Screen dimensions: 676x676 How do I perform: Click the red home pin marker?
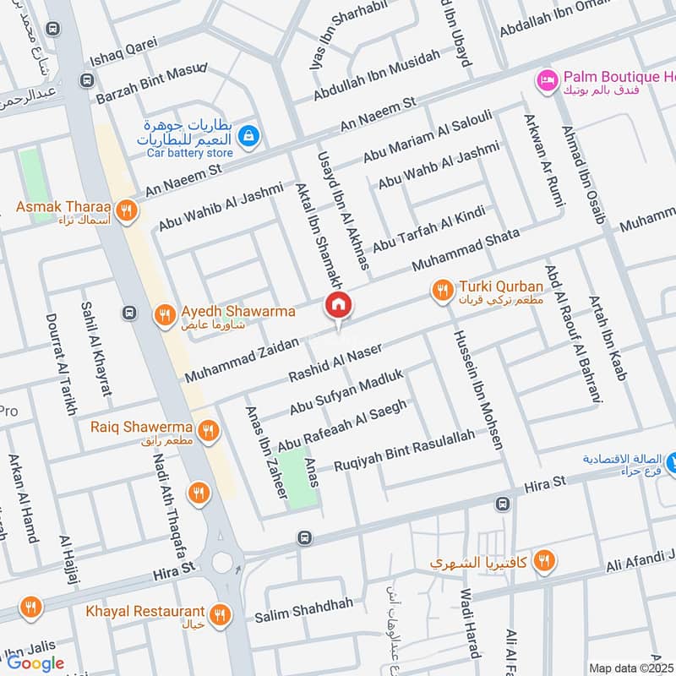pos(339,306)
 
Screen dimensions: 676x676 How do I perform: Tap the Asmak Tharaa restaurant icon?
pos(126,211)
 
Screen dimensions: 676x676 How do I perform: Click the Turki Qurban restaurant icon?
pos(442,291)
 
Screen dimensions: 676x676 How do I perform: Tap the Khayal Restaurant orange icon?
pos(221,613)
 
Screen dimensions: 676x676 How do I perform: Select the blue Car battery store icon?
pos(248,134)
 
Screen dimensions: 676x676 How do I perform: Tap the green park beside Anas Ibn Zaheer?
pos(302,478)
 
